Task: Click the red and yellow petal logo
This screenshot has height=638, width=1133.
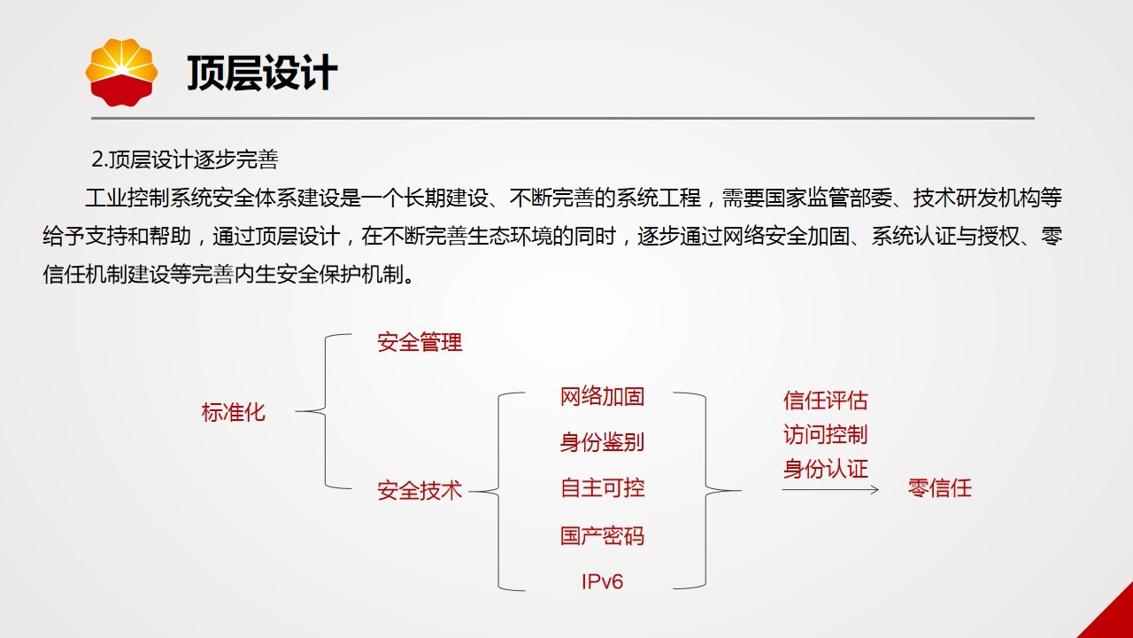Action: (x=121, y=73)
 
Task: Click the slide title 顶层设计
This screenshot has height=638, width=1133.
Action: (x=262, y=73)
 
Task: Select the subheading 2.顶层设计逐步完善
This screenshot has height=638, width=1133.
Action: (x=185, y=159)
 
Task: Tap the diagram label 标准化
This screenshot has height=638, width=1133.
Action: (x=233, y=412)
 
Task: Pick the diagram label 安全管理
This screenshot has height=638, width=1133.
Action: (x=420, y=342)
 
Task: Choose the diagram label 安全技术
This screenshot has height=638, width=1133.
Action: (x=420, y=491)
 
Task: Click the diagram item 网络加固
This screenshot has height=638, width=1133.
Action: (x=603, y=396)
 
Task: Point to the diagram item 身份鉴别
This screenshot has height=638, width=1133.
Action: (x=603, y=442)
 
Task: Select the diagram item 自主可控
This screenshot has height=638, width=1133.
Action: (x=603, y=488)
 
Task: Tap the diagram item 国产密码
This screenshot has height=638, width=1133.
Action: (x=603, y=536)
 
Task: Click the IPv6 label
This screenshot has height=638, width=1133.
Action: (x=603, y=581)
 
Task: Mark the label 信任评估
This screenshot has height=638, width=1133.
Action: (x=826, y=401)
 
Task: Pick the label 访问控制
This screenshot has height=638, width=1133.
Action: (x=826, y=434)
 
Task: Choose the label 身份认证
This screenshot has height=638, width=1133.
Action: (x=826, y=469)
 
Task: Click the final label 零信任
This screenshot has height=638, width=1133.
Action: (x=940, y=488)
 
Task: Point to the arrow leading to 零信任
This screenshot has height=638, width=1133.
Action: (x=830, y=490)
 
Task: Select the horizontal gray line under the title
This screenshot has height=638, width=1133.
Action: (x=563, y=119)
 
